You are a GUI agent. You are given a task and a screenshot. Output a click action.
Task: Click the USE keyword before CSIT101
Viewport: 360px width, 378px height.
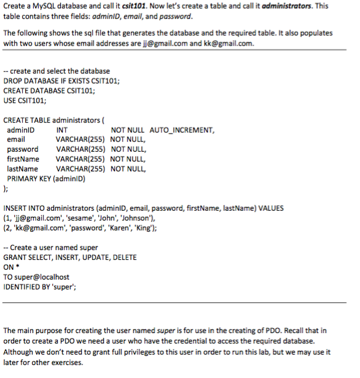click(x=10, y=100)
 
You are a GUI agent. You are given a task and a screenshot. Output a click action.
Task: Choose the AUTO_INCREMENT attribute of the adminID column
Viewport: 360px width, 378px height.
click(x=182, y=130)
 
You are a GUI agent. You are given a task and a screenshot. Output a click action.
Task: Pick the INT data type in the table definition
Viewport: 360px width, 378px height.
click(x=61, y=130)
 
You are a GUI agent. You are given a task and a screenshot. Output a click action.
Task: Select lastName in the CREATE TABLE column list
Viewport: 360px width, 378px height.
click(x=22, y=169)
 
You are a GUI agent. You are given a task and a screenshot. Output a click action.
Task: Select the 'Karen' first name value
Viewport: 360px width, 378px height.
click(x=125, y=228)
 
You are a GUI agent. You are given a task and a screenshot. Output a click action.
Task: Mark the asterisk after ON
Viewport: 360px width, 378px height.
click(x=18, y=267)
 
